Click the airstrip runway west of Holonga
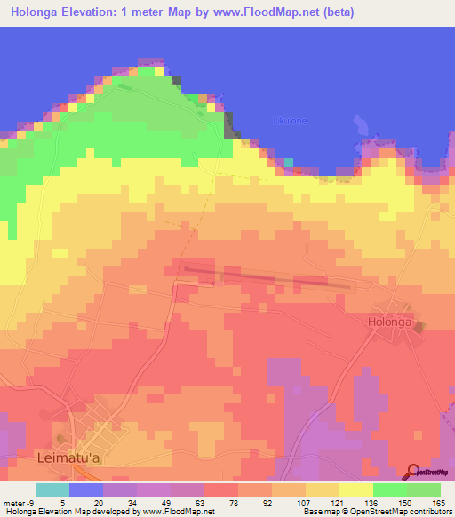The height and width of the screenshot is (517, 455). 267,274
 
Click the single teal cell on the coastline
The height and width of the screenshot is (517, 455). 289,162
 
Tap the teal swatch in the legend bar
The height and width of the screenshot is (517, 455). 52,489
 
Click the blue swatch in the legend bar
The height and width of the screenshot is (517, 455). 86,489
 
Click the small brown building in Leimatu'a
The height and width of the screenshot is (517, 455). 60,437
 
